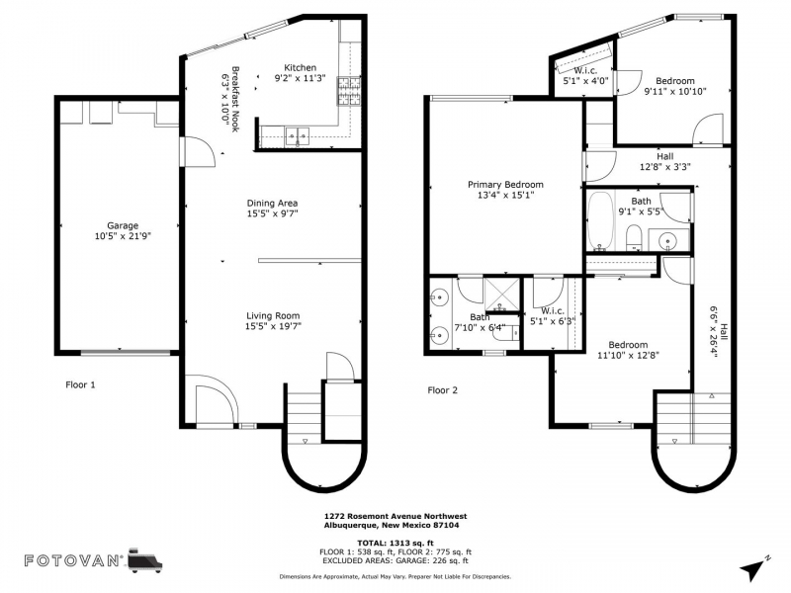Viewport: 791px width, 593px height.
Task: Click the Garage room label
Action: click(123, 226)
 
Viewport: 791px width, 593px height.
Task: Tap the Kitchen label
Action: click(301, 67)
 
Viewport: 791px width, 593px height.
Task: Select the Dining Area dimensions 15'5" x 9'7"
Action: click(273, 213)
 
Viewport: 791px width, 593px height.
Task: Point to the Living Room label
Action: click(273, 315)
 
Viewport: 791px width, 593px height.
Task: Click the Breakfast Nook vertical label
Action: click(235, 99)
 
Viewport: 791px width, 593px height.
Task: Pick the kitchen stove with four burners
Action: click(349, 91)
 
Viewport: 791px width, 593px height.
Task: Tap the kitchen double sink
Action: click(298, 136)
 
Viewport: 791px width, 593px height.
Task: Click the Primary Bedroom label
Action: click(505, 185)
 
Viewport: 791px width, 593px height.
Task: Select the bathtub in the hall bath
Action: click(600, 220)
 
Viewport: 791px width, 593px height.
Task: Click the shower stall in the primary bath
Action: click(501, 295)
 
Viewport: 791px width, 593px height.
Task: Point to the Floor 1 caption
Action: click(80, 384)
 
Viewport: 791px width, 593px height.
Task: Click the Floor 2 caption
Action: click(442, 389)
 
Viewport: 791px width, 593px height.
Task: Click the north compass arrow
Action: click(754, 568)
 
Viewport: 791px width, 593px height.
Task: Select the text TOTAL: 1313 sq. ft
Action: click(395, 543)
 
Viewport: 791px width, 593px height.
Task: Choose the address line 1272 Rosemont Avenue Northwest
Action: click(395, 516)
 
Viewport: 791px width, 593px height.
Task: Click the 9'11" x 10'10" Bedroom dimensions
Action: click(675, 91)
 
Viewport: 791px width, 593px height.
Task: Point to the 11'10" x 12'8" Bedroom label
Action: click(628, 345)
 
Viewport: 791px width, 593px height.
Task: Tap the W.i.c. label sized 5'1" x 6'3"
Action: click(553, 311)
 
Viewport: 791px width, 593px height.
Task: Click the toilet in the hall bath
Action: click(633, 238)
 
